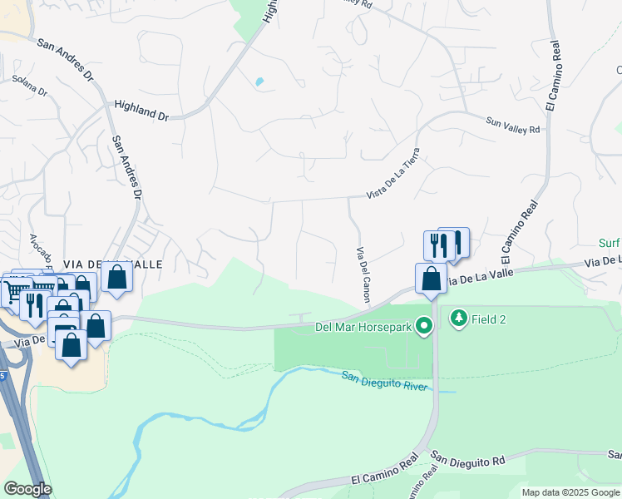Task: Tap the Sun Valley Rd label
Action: click(513, 125)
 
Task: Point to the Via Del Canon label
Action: click(363, 274)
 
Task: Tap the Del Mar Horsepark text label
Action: click(363, 326)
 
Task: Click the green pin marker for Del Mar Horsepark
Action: click(425, 325)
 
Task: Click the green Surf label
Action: click(610, 243)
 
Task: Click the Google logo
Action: click(27, 489)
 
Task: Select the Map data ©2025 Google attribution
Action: click(570, 492)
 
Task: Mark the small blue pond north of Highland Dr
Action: click(259, 82)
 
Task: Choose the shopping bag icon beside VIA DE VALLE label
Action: click(117, 276)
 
